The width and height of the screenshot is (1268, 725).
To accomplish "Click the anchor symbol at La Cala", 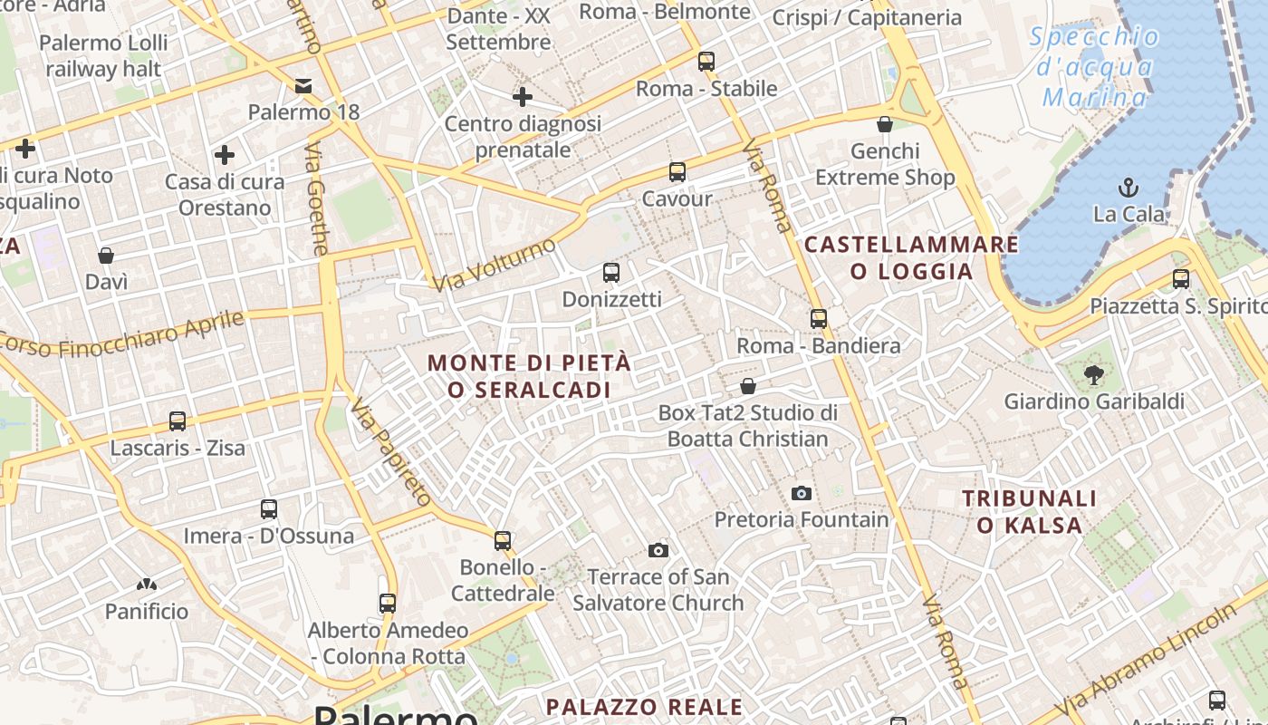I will tap(1129, 188).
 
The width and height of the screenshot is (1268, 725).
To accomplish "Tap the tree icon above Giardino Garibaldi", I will tap(1094, 374).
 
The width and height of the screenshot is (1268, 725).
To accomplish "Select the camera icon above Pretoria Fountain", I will tap(802, 493).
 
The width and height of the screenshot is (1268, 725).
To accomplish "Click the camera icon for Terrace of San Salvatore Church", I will tap(658, 550).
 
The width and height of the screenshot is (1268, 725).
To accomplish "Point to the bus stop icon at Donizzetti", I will tap(611, 272).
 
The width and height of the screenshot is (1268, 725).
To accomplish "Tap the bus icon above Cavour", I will tap(677, 172).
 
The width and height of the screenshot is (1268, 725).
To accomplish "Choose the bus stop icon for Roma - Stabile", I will tap(706, 62).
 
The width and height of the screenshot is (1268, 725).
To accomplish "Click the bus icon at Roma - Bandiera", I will tap(819, 319).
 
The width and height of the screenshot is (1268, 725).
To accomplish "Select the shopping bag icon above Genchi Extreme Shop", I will tap(885, 124).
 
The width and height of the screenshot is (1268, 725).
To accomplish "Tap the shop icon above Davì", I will tap(106, 256).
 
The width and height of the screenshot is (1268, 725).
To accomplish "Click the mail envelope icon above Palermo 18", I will tap(303, 86).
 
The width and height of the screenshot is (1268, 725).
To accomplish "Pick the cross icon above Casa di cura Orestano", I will tap(225, 155).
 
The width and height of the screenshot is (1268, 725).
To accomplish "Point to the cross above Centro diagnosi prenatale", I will tap(523, 97).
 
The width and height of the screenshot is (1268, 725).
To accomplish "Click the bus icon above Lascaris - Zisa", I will tap(178, 421).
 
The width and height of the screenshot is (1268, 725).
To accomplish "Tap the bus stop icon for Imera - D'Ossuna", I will tap(269, 509).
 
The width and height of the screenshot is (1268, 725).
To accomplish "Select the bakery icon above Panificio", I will tap(147, 585).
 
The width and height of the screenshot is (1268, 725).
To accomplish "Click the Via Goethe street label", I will tap(317, 198).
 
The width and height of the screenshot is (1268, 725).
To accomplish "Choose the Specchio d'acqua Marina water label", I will tap(1094, 67).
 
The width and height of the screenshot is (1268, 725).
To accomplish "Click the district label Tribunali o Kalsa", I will tap(1030, 511).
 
